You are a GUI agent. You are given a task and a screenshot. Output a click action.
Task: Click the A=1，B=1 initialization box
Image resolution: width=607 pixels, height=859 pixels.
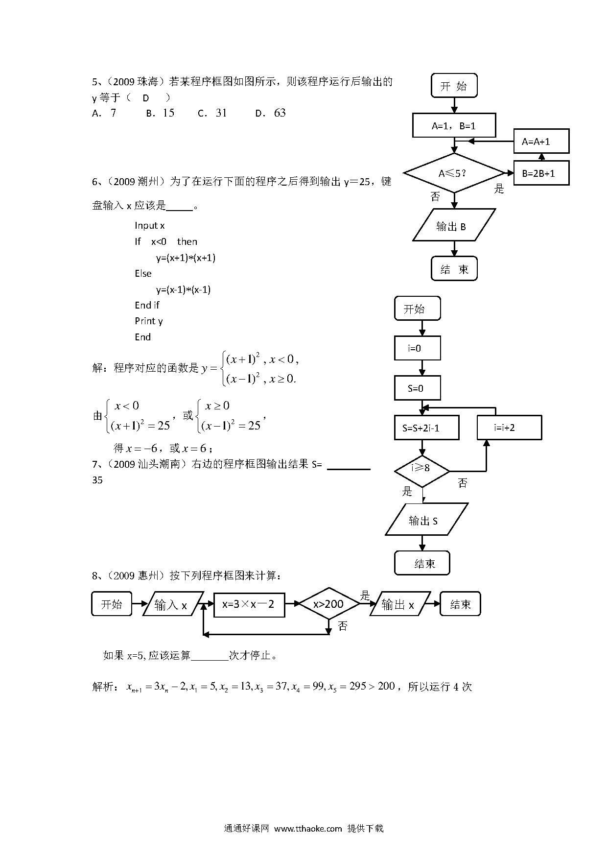point(454,125)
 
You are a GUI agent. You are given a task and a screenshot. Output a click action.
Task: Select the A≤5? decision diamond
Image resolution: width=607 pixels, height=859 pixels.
point(454,173)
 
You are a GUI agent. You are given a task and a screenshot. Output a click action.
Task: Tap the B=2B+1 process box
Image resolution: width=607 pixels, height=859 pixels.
point(541,173)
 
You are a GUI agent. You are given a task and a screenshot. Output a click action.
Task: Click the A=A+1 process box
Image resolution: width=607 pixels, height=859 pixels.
point(541,142)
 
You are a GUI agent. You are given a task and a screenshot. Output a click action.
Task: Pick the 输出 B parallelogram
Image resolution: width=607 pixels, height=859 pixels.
point(454,225)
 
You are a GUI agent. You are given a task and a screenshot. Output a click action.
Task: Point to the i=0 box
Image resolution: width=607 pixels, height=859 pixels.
point(418,348)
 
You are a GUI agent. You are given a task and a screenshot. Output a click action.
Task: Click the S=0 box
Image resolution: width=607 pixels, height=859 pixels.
point(418,388)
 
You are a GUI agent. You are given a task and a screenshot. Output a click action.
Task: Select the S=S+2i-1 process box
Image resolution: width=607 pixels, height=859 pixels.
point(426,428)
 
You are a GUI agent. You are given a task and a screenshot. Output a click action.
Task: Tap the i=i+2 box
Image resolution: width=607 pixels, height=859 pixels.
point(509,428)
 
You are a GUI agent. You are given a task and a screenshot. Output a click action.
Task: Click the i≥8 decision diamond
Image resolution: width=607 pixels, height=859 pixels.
point(422,471)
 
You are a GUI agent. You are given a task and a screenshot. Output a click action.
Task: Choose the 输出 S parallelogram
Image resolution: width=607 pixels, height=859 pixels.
point(426,519)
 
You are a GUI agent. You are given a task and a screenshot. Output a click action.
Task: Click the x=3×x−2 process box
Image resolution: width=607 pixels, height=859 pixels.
point(249,604)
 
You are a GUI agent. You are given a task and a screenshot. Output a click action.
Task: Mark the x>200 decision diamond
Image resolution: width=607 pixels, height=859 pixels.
point(329,604)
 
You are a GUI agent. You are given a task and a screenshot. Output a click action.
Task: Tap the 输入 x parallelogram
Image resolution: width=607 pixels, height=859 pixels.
point(173,604)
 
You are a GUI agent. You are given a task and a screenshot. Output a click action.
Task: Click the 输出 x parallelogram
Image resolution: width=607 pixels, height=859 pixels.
point(399,604)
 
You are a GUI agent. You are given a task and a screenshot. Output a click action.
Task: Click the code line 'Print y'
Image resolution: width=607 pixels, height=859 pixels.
point(149,321)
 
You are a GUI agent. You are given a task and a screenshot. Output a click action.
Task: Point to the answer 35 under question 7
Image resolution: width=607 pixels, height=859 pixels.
point(97,480)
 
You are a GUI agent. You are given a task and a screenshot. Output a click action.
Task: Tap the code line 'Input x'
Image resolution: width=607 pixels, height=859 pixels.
point(150,225)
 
